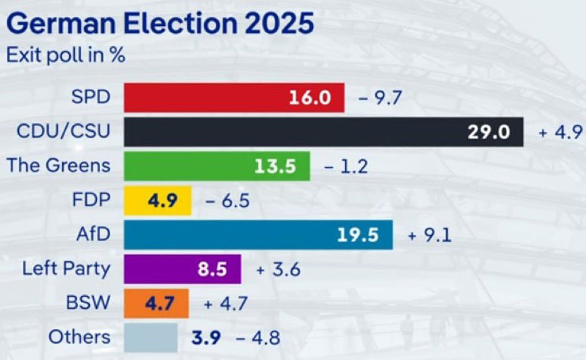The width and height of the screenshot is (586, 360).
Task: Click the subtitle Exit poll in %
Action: pyautogui.click(x=65, y=54)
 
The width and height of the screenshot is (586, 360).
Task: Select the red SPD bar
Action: pyautogui.click(x=234, y=97)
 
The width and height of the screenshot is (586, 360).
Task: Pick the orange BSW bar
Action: pyautogui.click(x=156, y=303)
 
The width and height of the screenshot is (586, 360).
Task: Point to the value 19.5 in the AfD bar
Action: pyautogui.click(x=358, y=235)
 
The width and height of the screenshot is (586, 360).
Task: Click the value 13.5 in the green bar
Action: pyautogui.click(x=275, y=166)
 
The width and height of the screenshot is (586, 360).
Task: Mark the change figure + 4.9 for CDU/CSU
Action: pyautogui.click(x=560, y=133)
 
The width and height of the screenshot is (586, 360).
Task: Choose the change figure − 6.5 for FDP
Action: pyautogui.click(x=228, y=201)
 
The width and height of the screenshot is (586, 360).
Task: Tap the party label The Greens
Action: pyautogui.click(x=58, y=166)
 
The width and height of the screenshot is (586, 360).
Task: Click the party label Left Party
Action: pyautogui.click(x=66, y=268)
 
